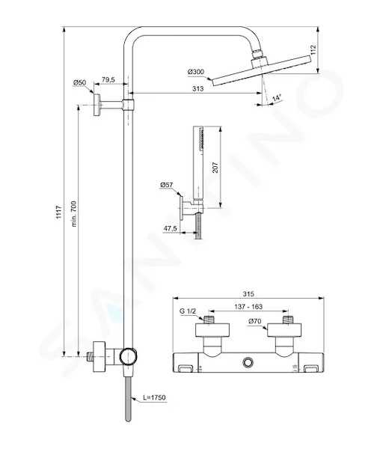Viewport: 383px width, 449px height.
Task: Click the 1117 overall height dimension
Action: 58,213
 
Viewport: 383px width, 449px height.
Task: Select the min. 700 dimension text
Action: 74,214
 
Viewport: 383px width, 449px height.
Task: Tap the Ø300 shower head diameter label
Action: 196,72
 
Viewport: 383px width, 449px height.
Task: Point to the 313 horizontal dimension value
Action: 197,88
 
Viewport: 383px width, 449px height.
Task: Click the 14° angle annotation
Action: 277,97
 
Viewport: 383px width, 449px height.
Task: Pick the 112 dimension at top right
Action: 313,50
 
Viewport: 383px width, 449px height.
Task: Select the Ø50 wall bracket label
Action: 79,83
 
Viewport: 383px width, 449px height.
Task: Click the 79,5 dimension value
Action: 108,79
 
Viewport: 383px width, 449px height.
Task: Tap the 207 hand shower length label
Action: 215,168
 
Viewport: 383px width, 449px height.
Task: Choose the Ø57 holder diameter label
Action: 166,185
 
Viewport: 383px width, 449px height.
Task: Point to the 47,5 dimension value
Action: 170,228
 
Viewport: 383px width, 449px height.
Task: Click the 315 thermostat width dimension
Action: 248,294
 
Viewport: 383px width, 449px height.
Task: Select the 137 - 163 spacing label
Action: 248,307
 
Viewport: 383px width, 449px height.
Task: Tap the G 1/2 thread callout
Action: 188,311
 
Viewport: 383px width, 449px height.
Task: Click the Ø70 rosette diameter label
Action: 255,321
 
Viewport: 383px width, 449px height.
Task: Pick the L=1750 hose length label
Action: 154,398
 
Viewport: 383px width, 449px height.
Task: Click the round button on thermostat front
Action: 248,363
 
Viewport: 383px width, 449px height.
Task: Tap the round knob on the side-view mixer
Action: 129,357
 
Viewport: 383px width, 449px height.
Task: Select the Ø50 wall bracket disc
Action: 96,105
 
